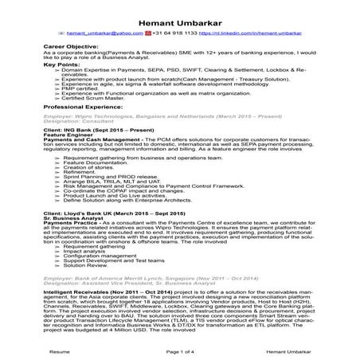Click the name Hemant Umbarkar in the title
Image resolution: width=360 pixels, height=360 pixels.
coord(179,12)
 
